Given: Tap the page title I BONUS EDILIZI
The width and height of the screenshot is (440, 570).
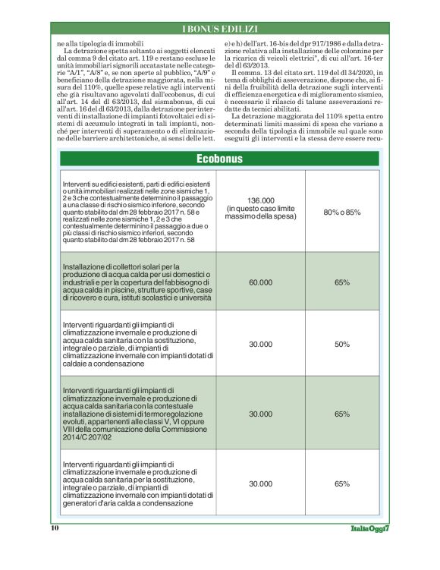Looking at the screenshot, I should [x=219, y=29].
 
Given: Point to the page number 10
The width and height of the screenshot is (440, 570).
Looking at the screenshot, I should [x=55, y=527].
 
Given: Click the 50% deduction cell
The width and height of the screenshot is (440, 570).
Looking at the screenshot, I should [x=341, y=344].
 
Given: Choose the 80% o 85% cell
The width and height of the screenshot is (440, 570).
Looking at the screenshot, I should [x=341, y=211].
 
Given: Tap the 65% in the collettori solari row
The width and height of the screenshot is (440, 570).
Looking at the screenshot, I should [x=341, y=282].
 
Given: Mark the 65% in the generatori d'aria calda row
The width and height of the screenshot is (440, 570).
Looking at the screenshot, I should [x=341, y=483].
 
